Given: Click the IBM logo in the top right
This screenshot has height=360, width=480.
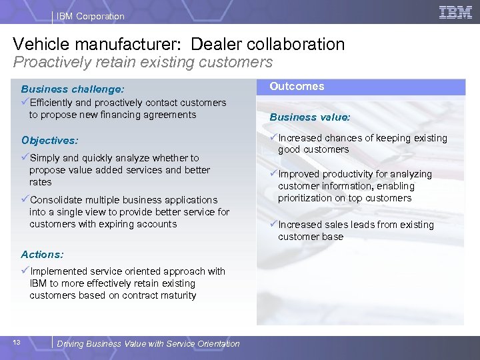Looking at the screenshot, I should point(456,12).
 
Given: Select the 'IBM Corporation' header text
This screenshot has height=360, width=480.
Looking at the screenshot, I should point(90,16).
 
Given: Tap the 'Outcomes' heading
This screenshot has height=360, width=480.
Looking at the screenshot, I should point(297,86).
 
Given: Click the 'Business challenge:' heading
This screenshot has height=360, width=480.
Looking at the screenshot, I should point(73,89).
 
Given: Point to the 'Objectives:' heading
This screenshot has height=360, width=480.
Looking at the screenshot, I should point(49,141).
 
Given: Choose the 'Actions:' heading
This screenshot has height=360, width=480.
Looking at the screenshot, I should point(42,254).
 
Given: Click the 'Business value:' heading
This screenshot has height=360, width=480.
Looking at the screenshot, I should point(309,117).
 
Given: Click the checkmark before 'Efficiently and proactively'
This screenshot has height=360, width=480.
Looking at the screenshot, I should point(25,102).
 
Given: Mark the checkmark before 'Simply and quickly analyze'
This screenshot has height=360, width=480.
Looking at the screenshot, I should point(25,157).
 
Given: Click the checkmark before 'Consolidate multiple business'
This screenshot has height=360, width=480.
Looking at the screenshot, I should point(25,199).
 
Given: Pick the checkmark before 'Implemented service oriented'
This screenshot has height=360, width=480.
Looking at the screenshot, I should point(25,271).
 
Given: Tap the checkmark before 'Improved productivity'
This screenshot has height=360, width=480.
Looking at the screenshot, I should point(273,173).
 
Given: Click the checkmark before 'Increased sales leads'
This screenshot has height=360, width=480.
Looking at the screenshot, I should point(273,224).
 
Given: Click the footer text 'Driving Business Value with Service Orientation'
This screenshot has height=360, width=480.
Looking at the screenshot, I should point(148,343).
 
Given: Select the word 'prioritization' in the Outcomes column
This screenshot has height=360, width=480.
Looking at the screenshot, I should point(305,198).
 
